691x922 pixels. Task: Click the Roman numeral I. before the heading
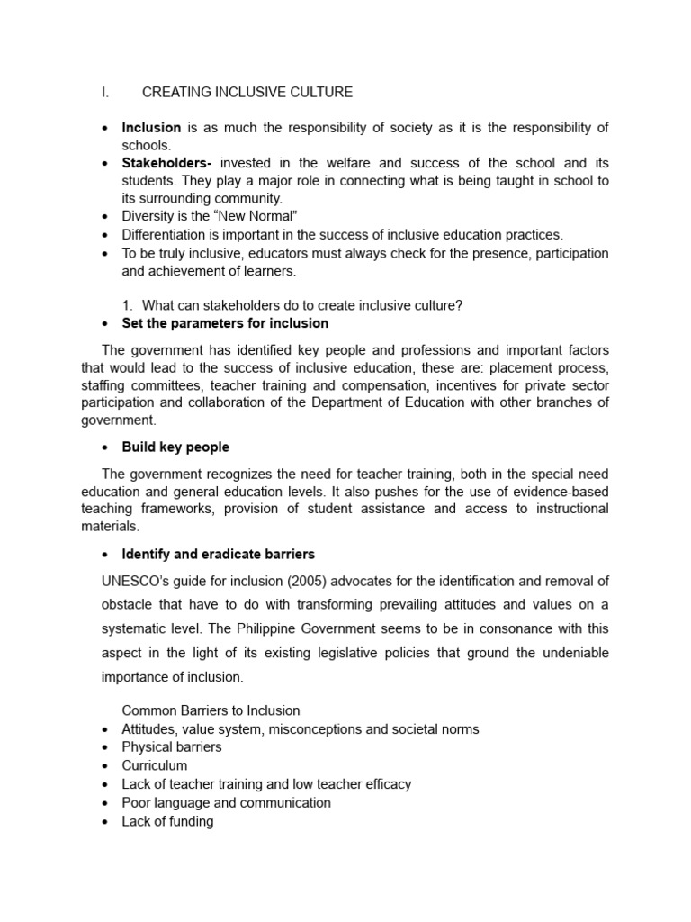[x=105, y=92]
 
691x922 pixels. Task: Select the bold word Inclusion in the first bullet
[x=151, y=128]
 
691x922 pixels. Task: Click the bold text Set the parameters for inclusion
[x=225, y=322]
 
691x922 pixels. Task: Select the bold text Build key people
[x=175, y=447]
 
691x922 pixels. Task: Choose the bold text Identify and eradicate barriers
[x=218, y=553]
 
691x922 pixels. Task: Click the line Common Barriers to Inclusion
[x=211, y=710]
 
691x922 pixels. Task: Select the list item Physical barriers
[x=171, y=746]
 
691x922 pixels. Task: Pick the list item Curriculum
[x=155, y=765]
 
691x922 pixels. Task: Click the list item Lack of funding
[x=167, y=821]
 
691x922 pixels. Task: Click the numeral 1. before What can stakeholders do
[x=127, y=305]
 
